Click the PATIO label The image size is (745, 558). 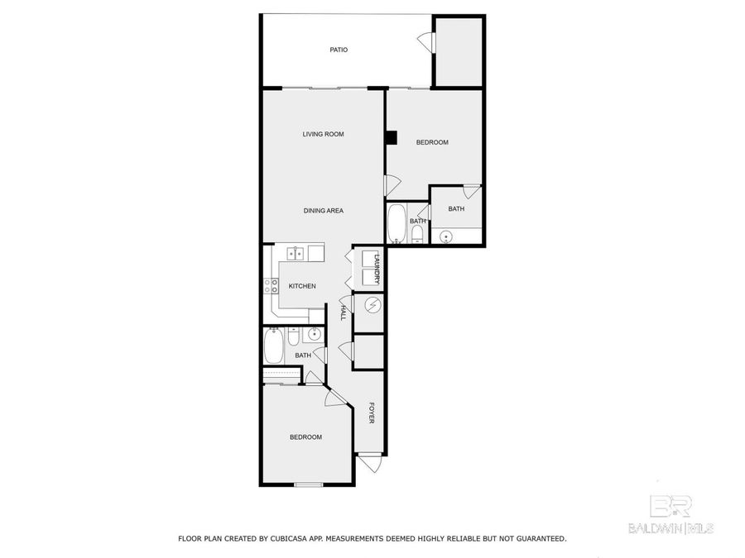click(x=339, y=50)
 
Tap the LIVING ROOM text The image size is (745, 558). click(x=322, y=134)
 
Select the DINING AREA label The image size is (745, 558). click(x=323, y=211)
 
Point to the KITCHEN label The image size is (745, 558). click(x=302, y=286)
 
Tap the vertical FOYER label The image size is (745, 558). click(x=372, y=413)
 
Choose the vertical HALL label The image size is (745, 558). click(x=343, y=312)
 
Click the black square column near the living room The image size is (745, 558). click(x=391, y=137)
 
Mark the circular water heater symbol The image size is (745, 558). click(x=372, y=306)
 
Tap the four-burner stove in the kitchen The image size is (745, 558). click(x=271, y=286)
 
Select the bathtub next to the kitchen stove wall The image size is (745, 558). click(x=272, y=348)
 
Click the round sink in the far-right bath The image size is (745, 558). click(x=446, y=237)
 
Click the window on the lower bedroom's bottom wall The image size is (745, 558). click(x=309, y=484)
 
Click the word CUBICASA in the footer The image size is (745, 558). click(x=291, y=538)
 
